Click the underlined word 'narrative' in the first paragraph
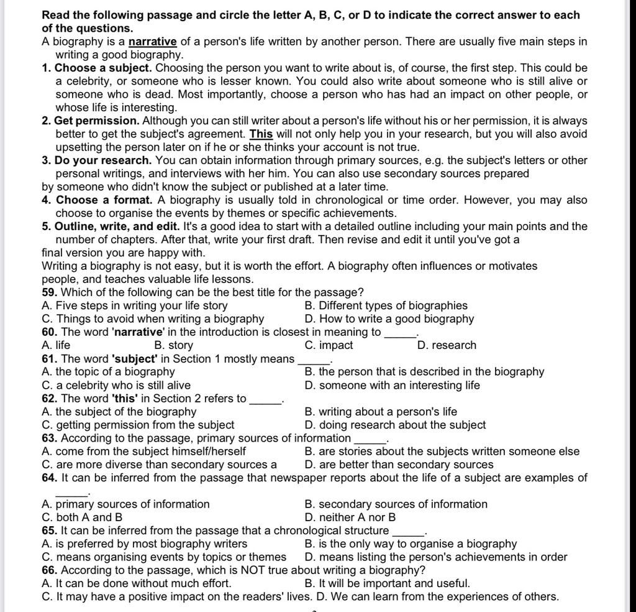coord(153,42)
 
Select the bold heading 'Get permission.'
coord(97,121)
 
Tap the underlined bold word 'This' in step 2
coord(261,134)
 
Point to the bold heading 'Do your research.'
coord(103,160)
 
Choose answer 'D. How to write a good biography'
coord(389,319)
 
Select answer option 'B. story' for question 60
coord(173,345)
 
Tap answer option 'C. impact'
coord(329,345)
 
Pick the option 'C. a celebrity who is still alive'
coord(116,385)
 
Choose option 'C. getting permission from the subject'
coord(138,425)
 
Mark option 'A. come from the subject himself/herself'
coord(143,451)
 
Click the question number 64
coord(50,478)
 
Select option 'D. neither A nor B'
coord(350,517)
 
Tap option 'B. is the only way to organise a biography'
coord(411,544)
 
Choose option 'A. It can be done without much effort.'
coord(136,583)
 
